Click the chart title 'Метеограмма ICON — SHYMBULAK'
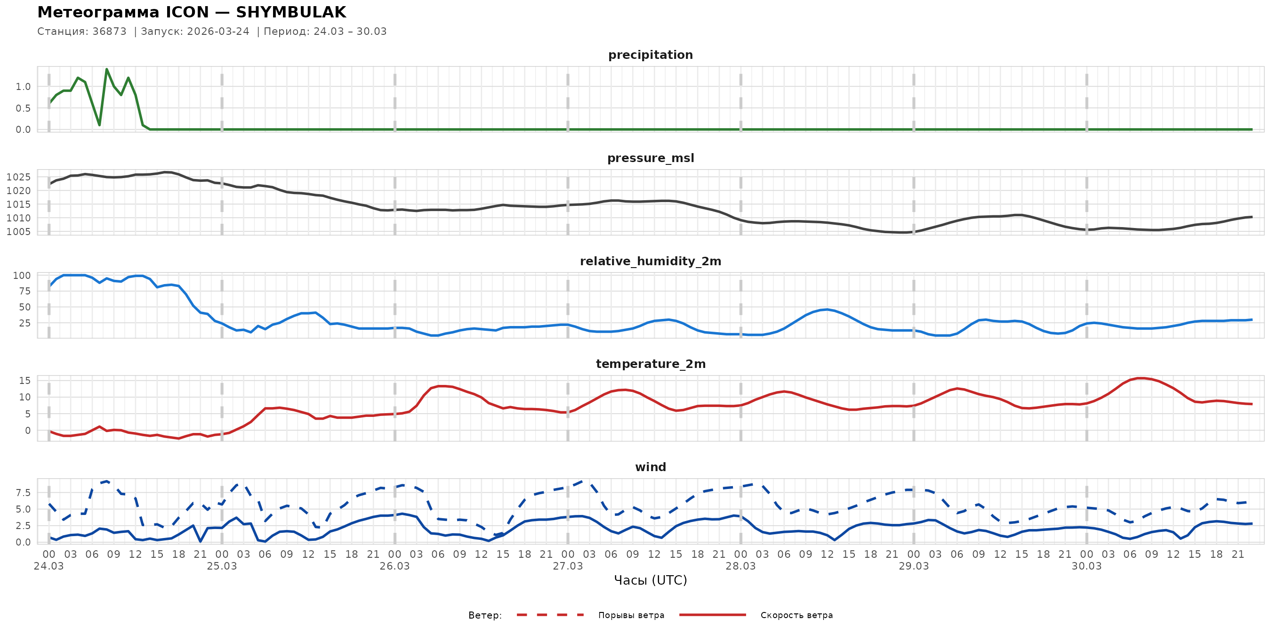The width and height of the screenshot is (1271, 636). pos(192,12)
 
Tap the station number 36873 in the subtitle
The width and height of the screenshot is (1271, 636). pos(109,32)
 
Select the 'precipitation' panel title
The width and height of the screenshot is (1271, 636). pos(650,55)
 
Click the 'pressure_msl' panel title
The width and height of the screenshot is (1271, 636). pos(650,158)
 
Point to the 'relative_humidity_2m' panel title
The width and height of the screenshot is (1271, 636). pos(650,261)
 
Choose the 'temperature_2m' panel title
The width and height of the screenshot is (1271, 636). pos(650,364)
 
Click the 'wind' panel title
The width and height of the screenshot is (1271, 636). pos(650,467)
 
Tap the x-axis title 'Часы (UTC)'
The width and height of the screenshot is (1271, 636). pos(650,580)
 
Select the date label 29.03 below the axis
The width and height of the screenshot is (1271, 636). pos(913,566)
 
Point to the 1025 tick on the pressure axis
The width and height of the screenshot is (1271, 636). pos(19,177)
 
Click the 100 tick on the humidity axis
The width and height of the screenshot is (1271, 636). pos(22,276)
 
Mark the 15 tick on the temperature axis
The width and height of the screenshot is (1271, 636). pos(24,381)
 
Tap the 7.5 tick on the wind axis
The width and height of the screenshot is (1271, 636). pos(23,493)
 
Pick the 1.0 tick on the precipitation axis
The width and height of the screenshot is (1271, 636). pos(23,87)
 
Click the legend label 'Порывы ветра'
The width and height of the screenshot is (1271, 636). pos(631,615)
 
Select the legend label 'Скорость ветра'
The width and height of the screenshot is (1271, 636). pos(796,615)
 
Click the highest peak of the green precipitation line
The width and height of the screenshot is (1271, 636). pos(106,69)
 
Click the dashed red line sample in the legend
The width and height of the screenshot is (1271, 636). pos(550,615)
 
